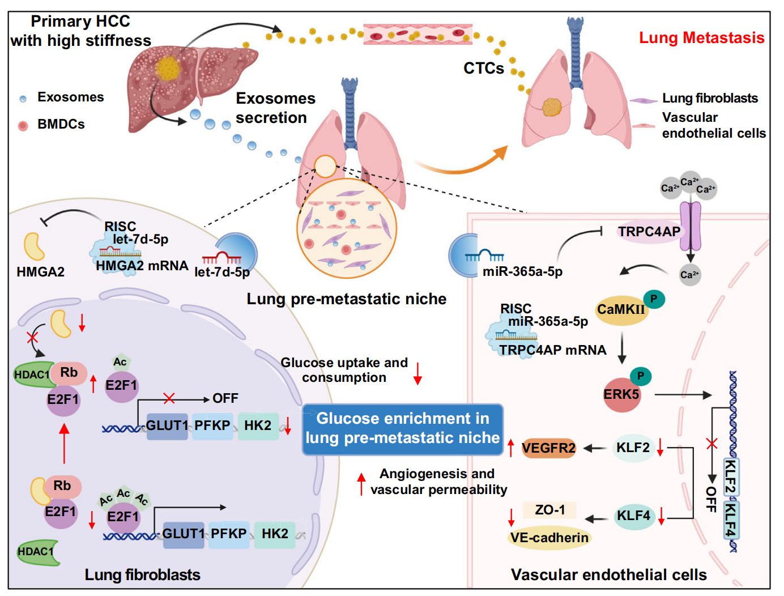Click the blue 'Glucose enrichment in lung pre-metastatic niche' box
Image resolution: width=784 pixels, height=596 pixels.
(403, 429)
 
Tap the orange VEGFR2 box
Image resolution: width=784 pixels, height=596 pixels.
(548, 448)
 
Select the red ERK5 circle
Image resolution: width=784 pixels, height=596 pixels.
(621, 394)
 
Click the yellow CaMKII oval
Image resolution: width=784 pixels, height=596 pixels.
(621, 309)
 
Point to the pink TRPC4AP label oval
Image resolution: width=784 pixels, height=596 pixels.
(649, 232)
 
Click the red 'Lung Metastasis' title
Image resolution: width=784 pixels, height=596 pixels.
(701, 38)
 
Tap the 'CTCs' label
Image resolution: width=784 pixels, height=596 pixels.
(483, 69)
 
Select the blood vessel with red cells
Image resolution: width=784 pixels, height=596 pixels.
(417, 35)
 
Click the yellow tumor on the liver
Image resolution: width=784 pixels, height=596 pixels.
(168, 69)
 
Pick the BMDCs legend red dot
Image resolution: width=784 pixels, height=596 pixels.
(23, 125)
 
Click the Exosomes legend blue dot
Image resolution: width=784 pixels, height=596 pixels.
(23, 99)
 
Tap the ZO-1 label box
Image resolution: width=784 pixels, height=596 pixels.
(549, 510)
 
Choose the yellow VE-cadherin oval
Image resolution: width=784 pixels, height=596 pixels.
(549, 538)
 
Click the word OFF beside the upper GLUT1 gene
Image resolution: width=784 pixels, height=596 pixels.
(225, 399)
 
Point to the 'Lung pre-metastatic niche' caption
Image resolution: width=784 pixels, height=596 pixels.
(346, 299)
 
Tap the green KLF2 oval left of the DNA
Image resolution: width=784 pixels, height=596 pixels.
(633, 448)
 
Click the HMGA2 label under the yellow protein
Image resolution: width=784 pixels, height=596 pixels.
(40, 272)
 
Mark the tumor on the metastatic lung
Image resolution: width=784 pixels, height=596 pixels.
(551, 106)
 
